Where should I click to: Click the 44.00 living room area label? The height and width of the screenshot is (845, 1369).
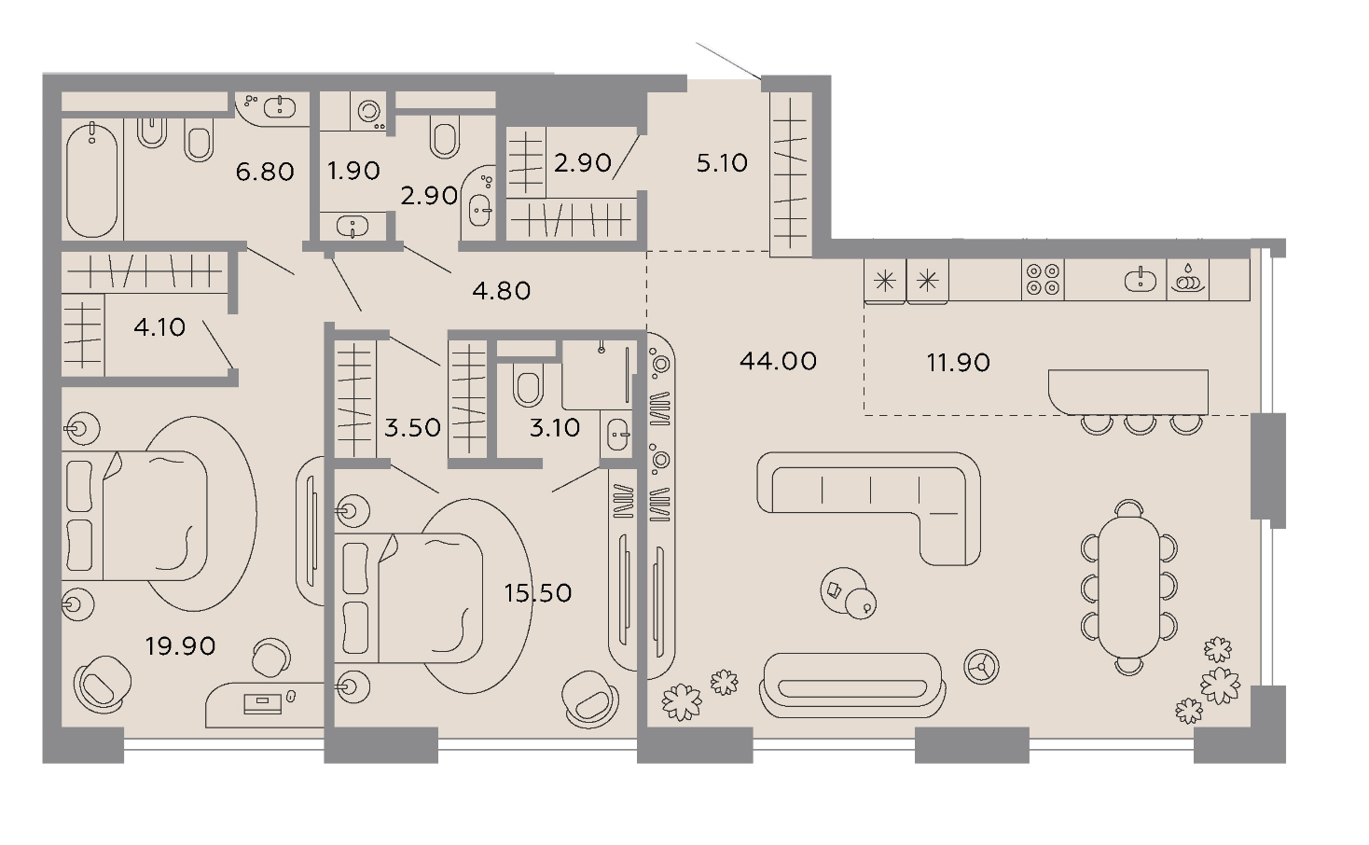coord(778,361)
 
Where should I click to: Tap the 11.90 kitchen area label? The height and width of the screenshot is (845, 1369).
coord(959,363)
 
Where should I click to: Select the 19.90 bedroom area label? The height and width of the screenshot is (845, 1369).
coord(180,646)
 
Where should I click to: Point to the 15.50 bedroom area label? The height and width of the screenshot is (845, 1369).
coord(538,593)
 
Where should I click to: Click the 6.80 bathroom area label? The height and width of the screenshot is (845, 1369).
coord(265,172)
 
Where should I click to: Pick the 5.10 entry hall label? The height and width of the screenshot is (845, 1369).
coord(722,163)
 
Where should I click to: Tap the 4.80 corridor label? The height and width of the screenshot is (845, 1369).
coord(501,291)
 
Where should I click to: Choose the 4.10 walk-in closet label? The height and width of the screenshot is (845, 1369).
coord(159,327)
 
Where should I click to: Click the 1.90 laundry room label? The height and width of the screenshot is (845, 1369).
coord(353,171)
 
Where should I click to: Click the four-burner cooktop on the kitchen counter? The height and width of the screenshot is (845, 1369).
coord(1043,280)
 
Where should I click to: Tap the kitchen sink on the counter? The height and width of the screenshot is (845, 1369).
coord(1141,281)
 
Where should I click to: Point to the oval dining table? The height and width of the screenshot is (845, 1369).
coord(1128,587)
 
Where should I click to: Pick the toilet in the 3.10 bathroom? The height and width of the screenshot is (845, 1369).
coord(528,385)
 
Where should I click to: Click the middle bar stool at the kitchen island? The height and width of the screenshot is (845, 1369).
coord(1141,424)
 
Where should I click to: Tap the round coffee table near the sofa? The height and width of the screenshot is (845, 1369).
coord(843,589)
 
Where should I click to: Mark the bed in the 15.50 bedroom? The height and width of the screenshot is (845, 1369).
coord(408,597)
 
